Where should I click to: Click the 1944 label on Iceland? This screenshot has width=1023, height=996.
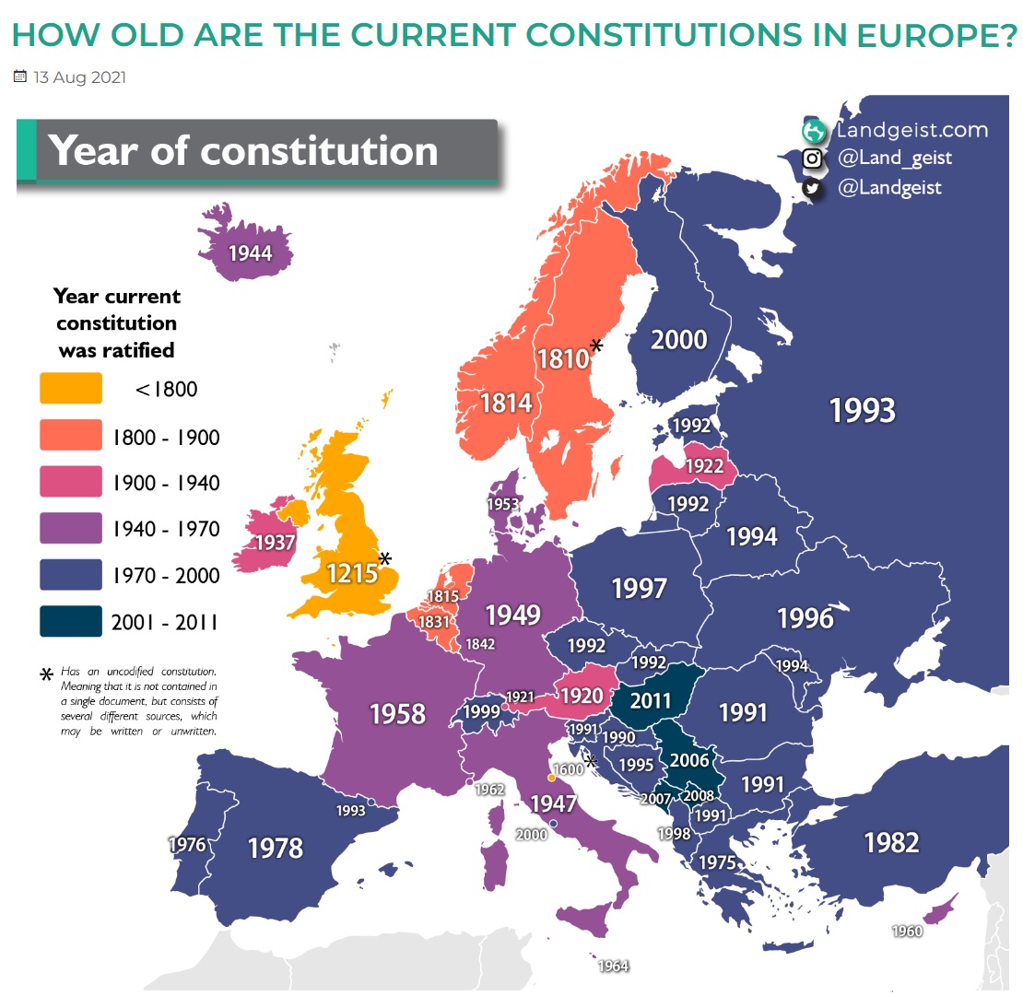coord(251,252)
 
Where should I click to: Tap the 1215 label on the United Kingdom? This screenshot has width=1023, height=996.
coord(352,573)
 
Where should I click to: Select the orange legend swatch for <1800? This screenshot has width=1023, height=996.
coord(71,388)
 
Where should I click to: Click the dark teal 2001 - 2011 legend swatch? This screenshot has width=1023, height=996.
coord(71,621)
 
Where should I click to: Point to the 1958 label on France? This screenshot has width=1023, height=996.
coord(397,712)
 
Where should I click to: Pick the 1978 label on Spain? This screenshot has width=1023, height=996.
coord(276,847)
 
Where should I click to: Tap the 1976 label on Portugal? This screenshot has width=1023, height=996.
coord(187,843)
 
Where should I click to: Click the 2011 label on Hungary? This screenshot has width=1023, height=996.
coord(651,700)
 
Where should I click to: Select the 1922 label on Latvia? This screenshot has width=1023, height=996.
coord(704,466)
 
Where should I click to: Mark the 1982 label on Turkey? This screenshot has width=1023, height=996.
coord(891,841)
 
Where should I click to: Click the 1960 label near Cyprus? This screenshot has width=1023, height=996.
coord(907,932)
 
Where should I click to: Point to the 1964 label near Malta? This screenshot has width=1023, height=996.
coord(613,966)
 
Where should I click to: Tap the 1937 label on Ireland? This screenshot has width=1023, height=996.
coord(275,543)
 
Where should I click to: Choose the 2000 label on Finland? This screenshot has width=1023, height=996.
coord(678,340)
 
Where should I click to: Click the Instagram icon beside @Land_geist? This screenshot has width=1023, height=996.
coord(812,158)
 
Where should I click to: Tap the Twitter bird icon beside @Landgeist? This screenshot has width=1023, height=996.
coord(812,188)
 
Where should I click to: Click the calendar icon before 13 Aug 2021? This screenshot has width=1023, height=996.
coord(20,77)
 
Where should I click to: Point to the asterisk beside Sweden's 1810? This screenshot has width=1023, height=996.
coord(596,346)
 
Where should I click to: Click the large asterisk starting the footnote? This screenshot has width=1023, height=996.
coord(46,675)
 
